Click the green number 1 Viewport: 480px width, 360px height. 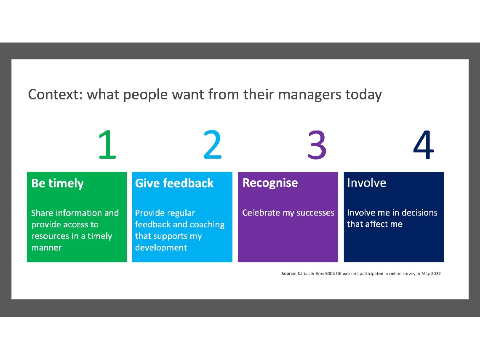click(107, 144)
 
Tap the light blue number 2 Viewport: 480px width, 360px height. click(213, 144)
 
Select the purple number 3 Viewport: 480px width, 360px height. click(317, 144)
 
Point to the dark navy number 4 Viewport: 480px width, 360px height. click(423, 144)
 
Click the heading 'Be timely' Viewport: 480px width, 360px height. click(57, 184)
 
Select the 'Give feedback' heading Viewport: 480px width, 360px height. click(174, 183)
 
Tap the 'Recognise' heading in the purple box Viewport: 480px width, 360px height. click(270, 183)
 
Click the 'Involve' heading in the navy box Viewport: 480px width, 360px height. click(366, 183)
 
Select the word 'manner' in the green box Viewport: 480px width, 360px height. click(47, 248)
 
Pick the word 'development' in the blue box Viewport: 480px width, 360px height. click(161, 248)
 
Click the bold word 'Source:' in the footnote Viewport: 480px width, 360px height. click(289, 273)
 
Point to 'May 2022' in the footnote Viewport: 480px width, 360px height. click(431, 273)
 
